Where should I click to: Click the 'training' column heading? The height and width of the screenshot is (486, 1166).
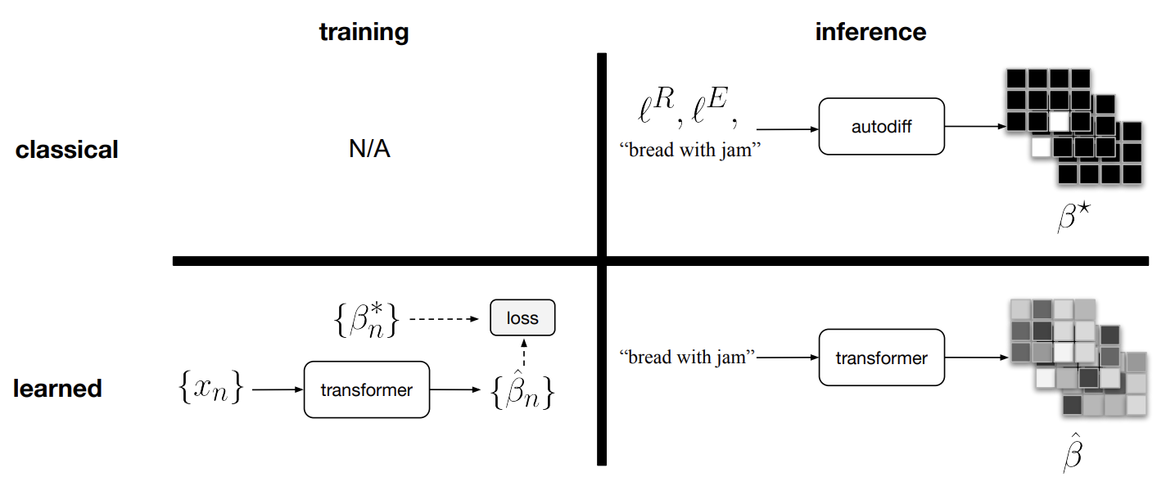364,32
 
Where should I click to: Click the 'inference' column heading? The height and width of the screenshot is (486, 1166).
870,32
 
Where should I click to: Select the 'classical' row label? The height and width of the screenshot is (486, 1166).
67,151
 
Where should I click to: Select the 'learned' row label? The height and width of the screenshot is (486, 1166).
57,388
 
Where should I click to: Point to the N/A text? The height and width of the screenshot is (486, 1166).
368,151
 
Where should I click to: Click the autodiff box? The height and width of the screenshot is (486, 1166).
881,127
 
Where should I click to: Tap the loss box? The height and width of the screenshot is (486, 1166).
522,318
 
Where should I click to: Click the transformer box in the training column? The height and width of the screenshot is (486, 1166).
366,389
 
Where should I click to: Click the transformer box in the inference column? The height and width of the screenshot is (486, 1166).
881,358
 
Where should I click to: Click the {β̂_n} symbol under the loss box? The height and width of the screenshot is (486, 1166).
523,392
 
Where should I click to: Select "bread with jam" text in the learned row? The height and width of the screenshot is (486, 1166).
687,357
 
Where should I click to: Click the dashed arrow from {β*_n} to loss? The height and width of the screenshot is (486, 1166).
443,319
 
